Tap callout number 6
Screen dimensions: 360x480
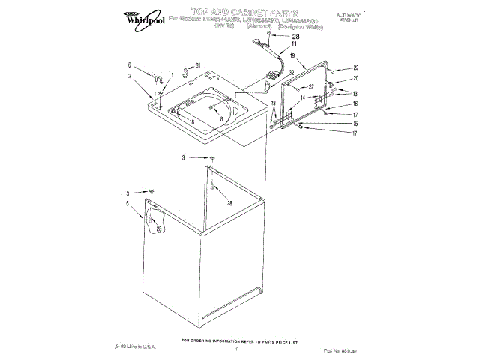pos(129,65)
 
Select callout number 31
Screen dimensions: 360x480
pos(198,65)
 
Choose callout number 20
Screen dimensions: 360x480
pos(356,78)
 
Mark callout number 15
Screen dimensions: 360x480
pos(356,124)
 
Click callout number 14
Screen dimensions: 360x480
pos(304,98)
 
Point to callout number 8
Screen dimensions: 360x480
pos(221,118)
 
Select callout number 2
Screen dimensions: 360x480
pos(129,75)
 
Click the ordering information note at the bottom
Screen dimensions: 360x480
pos(240,340)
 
